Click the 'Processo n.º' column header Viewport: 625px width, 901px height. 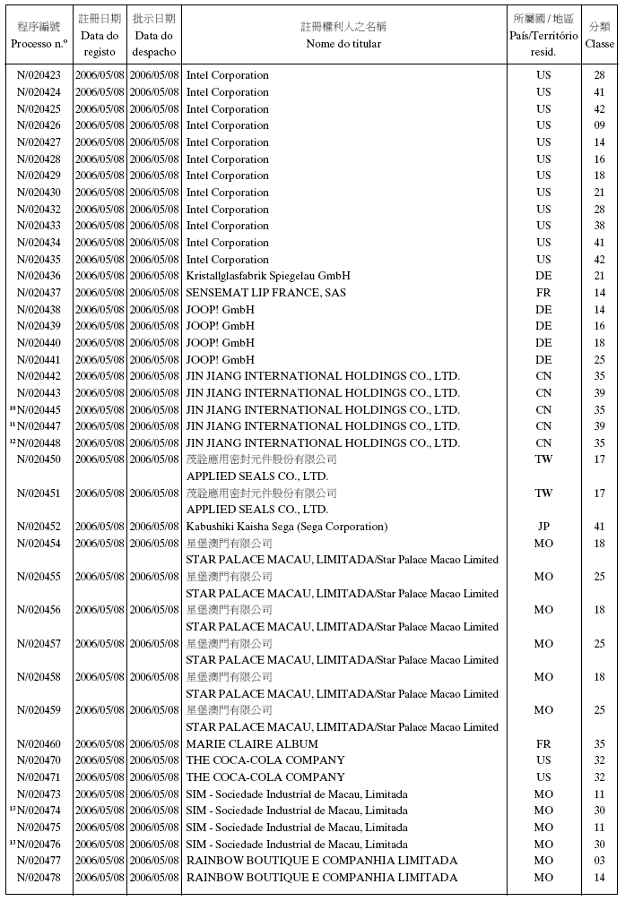click(x=39, y=43)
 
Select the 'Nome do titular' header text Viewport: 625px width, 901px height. click(x=343, y=43)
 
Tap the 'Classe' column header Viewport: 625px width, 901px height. click(x=599, y=43)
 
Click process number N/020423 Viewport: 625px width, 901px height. click(x=39, y=75)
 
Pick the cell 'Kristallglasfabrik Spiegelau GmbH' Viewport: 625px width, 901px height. click(x=268, y=276)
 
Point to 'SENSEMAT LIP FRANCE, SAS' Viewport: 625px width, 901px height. click(x=265, y=293)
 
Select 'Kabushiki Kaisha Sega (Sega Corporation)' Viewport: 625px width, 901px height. click(x=287, y=527)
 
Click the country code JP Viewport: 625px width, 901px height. click(x=543, y=527)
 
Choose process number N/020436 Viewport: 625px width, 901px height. click(x=39, y=276)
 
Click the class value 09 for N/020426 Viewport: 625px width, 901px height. click(x=599, y=125)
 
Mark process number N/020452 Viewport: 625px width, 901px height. click(x=39, y=527)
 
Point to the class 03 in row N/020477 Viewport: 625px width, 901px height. click(x=599, y=861)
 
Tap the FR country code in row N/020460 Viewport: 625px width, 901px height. click(x=543, y=744)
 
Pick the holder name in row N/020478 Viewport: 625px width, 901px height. click(x=321, y=878)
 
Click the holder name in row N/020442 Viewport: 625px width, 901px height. click(x=323, y=376)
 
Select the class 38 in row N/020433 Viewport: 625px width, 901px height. click(x=599, y=226)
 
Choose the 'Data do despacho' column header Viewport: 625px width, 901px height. click(x=153, y=43)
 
